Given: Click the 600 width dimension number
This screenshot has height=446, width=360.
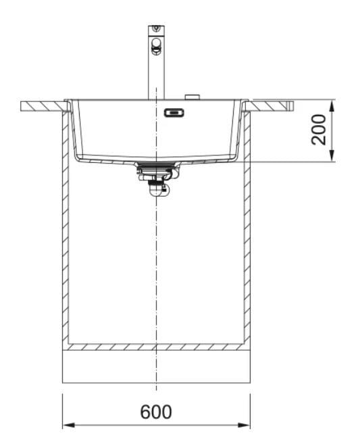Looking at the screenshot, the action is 156,412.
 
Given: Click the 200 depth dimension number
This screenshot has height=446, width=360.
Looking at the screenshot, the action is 318,130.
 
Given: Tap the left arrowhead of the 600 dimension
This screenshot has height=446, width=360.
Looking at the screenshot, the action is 68,425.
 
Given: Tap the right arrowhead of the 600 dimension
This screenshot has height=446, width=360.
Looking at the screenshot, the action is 244,425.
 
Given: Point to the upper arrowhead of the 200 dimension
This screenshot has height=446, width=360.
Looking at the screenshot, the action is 332,105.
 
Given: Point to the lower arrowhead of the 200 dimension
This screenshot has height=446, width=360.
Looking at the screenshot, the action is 332,156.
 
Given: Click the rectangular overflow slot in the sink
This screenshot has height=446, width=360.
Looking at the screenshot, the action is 174,113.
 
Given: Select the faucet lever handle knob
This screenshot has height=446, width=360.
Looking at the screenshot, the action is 156,46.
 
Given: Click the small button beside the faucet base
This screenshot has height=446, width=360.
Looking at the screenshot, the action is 192,97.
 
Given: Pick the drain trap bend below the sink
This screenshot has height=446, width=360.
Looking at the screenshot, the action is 158,190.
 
